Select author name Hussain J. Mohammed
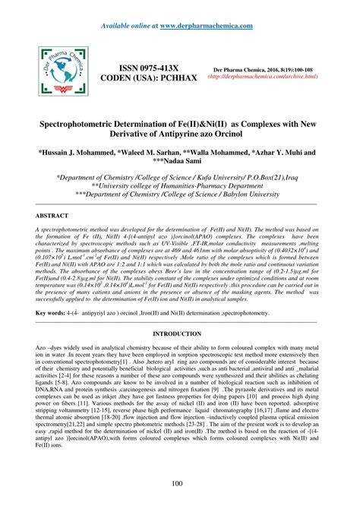pyautogui.click(x=71, y=152)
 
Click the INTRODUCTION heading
pyautogui.click(x=179, y=334)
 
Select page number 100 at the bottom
pyautogui.click(x=179, y=485)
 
